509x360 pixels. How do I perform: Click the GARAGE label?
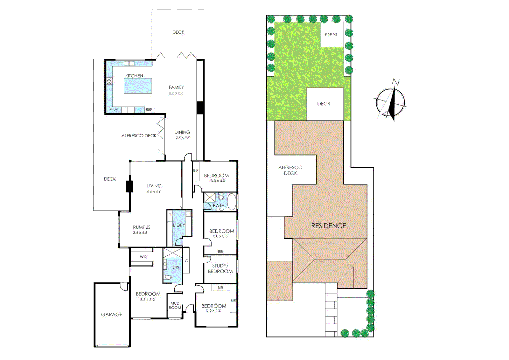112,314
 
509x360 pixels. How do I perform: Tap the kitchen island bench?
138,86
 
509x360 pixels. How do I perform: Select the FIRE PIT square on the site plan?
331,35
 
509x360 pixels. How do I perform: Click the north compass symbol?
391,101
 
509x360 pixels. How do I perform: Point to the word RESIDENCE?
328,226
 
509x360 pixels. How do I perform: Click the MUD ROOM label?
175,305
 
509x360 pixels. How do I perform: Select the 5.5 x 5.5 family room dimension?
176,93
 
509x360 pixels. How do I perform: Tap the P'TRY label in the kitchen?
113,110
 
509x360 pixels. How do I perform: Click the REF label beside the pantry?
149,110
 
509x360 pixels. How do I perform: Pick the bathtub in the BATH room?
232,201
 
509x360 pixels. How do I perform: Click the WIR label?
143,257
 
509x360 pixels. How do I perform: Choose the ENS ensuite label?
176,267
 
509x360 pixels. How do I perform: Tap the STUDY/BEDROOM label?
220,269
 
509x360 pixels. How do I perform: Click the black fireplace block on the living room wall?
129,186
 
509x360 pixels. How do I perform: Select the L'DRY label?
179,225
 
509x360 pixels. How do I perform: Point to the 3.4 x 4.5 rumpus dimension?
140,233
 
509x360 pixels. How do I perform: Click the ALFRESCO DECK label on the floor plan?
139,136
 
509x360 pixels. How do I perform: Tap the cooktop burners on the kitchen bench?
109,81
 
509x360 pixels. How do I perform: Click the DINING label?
182,132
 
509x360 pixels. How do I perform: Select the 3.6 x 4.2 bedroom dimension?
213,310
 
